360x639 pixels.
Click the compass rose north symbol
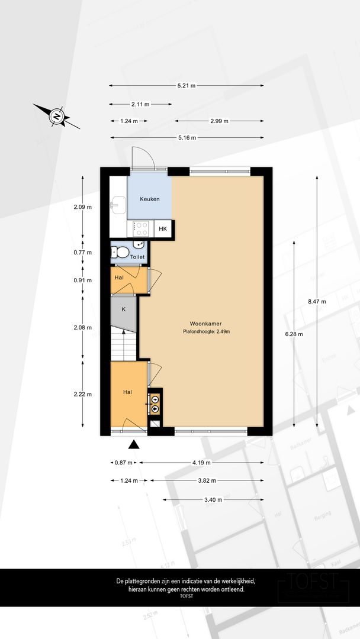tap(57, 117)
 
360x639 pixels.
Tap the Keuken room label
tap(150, 199)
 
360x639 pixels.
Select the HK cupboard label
tap(163, 229)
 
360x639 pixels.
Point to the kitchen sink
tap(118, 205)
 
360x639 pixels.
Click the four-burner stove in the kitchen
tap(142, 228)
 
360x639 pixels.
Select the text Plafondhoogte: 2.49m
tap(206, 332)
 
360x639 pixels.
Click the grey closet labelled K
tap(124, 314)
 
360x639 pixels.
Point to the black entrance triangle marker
tap(134, 444)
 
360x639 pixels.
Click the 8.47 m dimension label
tap(317, 302)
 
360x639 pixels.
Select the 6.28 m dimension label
tap(294, 334)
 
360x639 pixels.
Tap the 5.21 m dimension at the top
tap(187, 86)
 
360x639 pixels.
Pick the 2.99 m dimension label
tap(219, 121)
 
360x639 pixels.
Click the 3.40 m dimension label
tap(213, 499)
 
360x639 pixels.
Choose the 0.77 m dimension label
tap(83, 253)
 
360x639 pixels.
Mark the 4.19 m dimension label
tap(202, 463)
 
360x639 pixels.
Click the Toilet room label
tap(137, 257)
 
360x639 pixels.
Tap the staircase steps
tap(124, 345)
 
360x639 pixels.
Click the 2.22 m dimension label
tap(83, 394)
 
